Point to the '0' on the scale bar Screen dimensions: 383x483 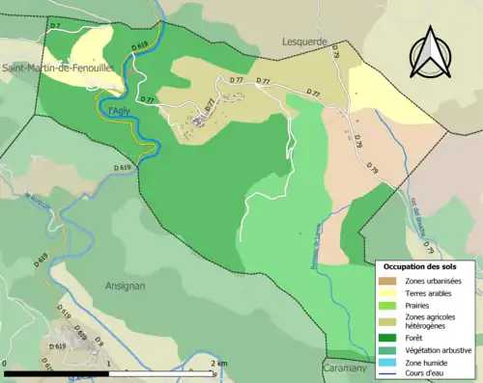(x=7, y=363)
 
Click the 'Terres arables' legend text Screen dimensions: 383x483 (x=431, y=291)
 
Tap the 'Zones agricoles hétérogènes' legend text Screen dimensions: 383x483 (x=432, y=321)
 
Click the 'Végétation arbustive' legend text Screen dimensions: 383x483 (x=440, y=350)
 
